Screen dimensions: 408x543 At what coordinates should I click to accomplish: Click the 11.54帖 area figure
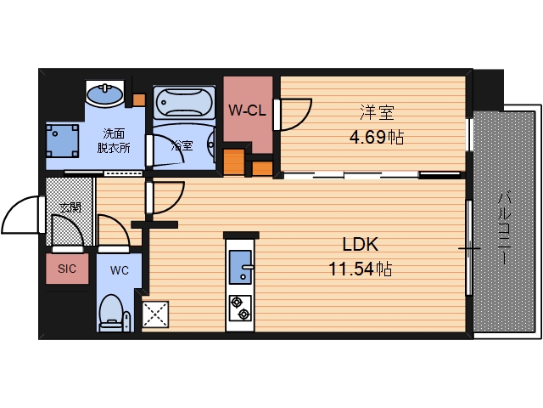(360, 269)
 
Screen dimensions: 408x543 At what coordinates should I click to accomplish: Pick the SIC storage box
(67, 269)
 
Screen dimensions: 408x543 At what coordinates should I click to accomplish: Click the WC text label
(118, 269)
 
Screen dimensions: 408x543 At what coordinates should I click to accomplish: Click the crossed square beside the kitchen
(155, 314)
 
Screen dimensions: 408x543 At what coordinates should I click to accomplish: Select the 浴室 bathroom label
(182, 145)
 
